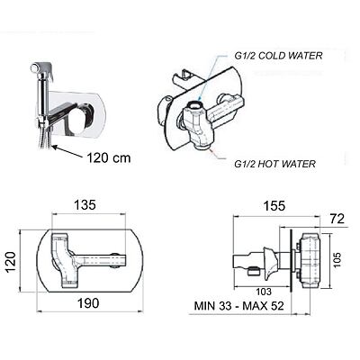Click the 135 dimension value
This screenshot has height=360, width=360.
tap(85, 205)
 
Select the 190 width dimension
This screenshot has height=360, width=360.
tap(88, 303)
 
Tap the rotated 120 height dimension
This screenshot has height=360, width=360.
tap(11, 262)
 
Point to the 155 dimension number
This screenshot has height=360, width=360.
tap(274, 206)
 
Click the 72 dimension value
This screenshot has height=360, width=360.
tap(337, 219)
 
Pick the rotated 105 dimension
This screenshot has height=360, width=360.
tap(337, 260)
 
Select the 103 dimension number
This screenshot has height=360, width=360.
tap(264, 291)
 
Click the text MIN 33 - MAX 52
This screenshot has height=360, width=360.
tap(239, 306)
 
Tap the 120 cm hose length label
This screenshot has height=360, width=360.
tap(109, 157)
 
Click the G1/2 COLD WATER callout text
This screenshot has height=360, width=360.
tap(278, 56)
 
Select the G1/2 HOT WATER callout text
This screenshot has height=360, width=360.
tap(274, 164)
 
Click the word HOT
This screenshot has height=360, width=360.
tap(269, 164)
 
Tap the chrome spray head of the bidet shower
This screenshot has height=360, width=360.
tap(42, 69)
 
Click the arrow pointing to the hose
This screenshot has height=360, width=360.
tap(67, 151)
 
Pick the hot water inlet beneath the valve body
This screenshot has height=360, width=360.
tap(202, 146)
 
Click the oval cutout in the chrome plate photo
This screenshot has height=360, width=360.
tap(80, 117)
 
